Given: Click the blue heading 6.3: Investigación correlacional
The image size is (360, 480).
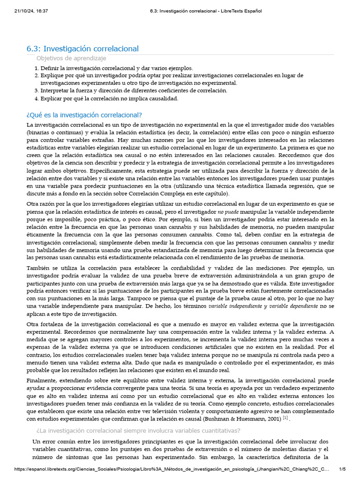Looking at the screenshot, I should tap(82, 49).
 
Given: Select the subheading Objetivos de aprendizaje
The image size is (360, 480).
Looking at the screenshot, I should tap(71, 58).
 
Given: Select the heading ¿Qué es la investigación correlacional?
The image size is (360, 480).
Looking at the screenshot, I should tap(84, 115).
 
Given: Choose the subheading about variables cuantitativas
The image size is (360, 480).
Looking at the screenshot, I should tap(138, 431).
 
